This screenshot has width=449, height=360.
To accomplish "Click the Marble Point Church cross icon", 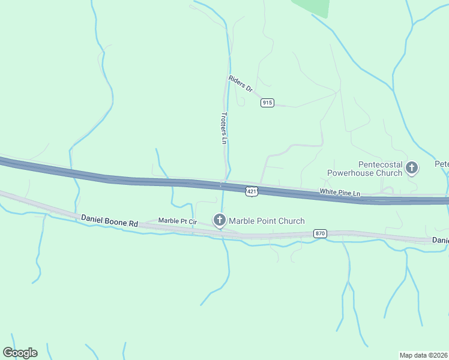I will coord(220,221).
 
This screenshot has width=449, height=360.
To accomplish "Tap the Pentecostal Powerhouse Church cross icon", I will coord(412,168).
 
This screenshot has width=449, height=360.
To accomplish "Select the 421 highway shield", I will coord(252,191).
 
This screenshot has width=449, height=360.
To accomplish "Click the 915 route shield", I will coord(267,103).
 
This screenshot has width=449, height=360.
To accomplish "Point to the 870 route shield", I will coord(320,233).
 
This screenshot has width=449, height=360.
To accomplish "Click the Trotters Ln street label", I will coord(224,128).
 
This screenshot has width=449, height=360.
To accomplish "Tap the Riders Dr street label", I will coord(241,83).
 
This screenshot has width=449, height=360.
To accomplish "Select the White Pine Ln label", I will coord(340,193).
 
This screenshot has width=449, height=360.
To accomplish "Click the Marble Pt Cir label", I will coord(177,221).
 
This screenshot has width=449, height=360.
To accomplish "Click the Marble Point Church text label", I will coord(267,221).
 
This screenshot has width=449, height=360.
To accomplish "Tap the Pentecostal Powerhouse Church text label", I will coord(364,169).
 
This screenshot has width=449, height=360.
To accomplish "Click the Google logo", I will coord(20,353).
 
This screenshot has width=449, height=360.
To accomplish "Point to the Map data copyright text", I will coord(423,354).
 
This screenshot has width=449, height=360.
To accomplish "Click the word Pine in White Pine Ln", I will coord(343,193).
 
